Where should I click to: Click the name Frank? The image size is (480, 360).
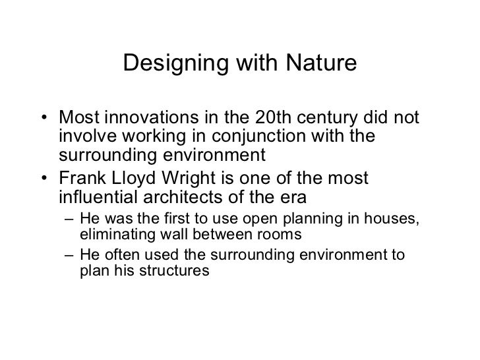click(82, 179)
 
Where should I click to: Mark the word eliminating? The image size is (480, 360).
click(111, 235)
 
